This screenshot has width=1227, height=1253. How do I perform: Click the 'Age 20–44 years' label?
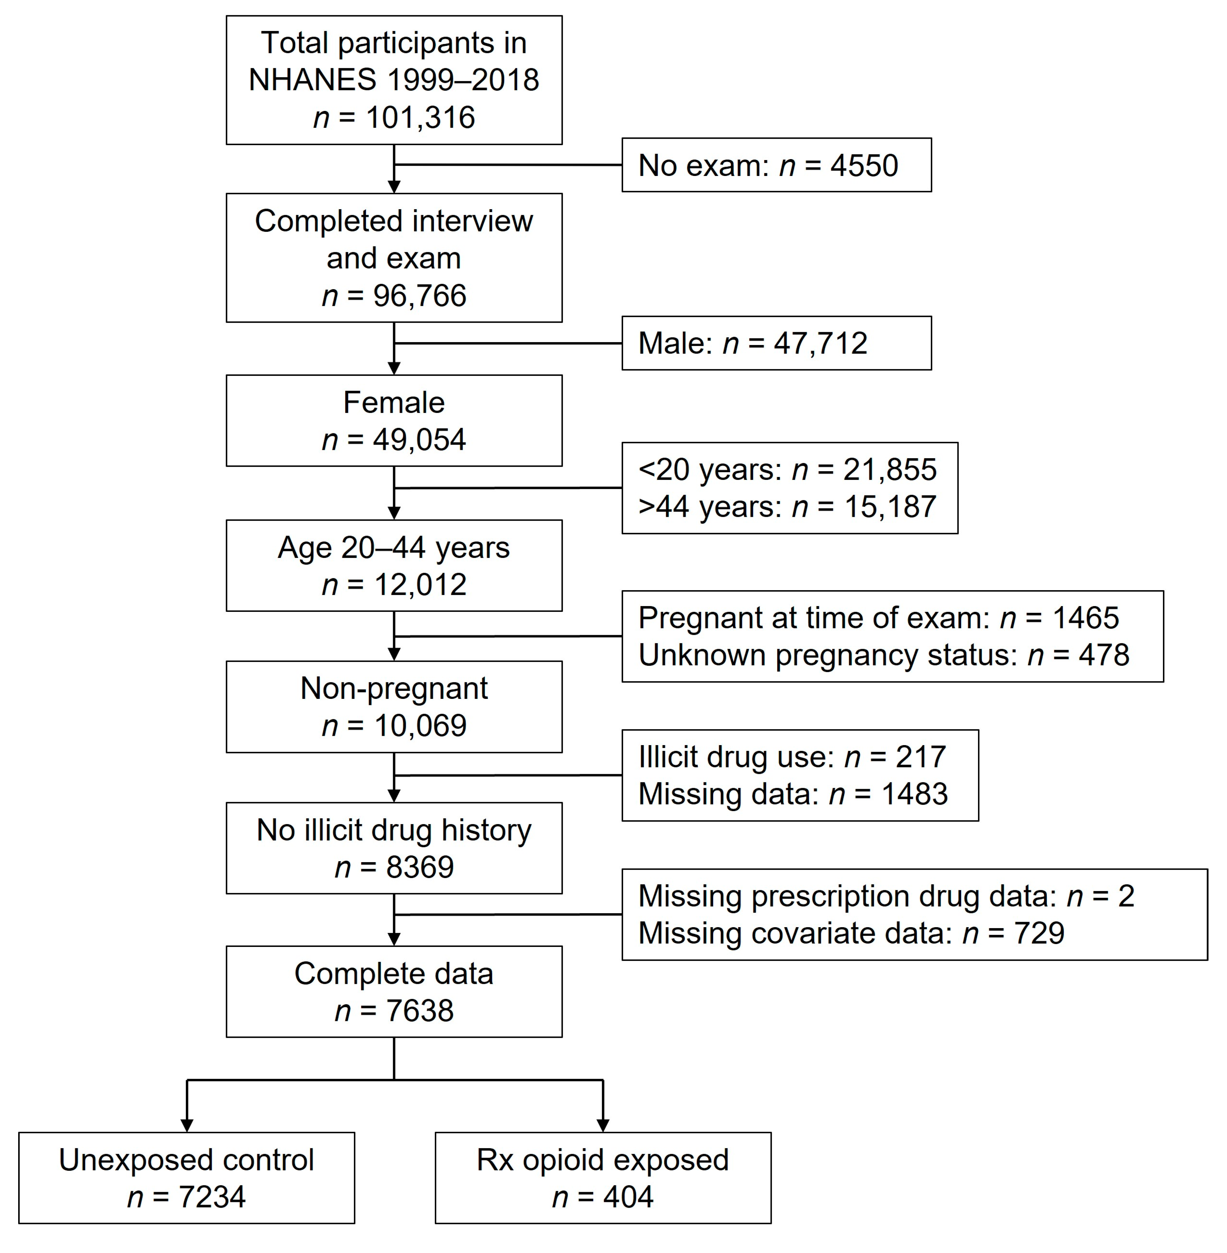click(394, 548)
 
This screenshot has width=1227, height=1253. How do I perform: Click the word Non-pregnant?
click(394, 688)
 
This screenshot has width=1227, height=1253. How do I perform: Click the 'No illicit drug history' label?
click(394, 830)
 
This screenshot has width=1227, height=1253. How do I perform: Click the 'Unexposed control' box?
click(186, 1177)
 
